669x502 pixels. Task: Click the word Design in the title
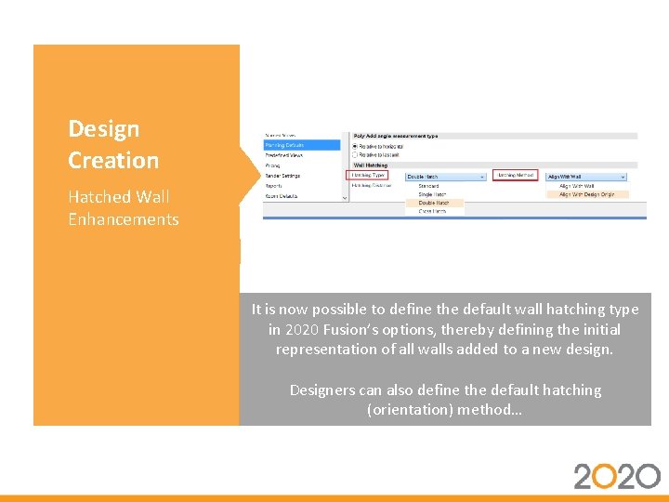103,129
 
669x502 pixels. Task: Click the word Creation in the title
112,160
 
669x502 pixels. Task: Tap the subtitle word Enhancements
123,219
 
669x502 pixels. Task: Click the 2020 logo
616,476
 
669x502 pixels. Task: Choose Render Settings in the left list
282,176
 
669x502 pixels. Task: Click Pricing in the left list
273,165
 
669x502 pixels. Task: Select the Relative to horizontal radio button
354,146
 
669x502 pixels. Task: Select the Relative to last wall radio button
354,155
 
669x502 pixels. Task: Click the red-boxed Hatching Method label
515,175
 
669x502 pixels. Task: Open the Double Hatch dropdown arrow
481,177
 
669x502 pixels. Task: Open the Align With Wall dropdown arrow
623,177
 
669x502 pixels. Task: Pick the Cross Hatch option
432,211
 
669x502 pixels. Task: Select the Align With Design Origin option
586,194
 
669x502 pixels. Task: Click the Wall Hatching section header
371,165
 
